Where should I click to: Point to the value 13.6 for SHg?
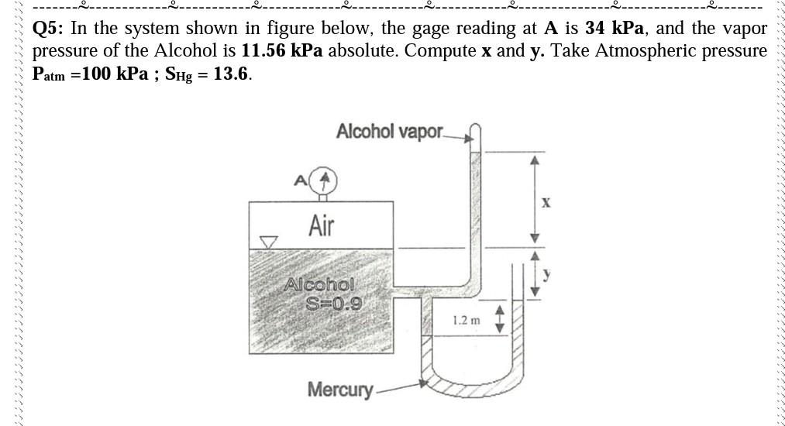[232, 75]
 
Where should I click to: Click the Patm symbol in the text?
[48, 76]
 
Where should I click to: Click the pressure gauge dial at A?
[326, 181]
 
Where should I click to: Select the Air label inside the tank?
[322, 225]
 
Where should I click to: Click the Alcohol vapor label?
[389, 132]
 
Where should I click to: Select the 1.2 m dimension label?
[466, 319]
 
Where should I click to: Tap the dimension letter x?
[546, 203]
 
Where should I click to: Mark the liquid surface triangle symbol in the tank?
[268, 243]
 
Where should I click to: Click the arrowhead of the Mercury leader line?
[422, 381]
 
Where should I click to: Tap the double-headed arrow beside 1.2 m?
[499, 318]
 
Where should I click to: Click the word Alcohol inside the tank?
[319, 284]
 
